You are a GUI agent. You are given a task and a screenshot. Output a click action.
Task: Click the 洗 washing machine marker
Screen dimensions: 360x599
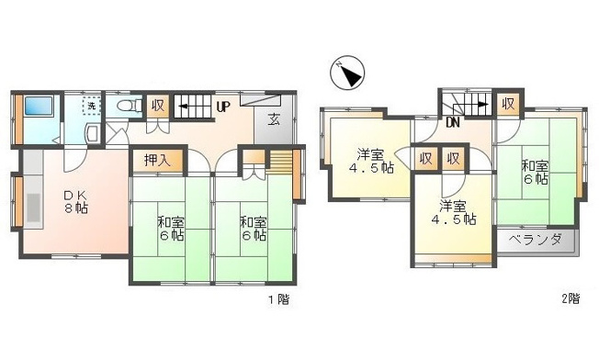[92, 105]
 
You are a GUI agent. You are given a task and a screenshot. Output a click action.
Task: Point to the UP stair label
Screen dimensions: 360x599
[222, 107]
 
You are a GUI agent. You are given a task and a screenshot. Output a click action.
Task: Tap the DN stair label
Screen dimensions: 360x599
[452, 121]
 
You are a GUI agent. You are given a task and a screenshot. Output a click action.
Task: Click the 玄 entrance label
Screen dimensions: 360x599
[274, 118]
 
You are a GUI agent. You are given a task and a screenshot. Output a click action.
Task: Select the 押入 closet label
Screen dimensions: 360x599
[157, 160]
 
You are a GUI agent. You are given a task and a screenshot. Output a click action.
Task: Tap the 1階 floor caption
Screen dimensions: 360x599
[277, 299]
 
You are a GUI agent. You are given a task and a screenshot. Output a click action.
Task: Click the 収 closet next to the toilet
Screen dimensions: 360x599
[158, 106]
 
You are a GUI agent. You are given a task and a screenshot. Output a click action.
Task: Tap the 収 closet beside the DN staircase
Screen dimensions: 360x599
[507, 104]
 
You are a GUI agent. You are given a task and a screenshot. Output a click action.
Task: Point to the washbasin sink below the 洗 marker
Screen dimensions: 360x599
[92, 134]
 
